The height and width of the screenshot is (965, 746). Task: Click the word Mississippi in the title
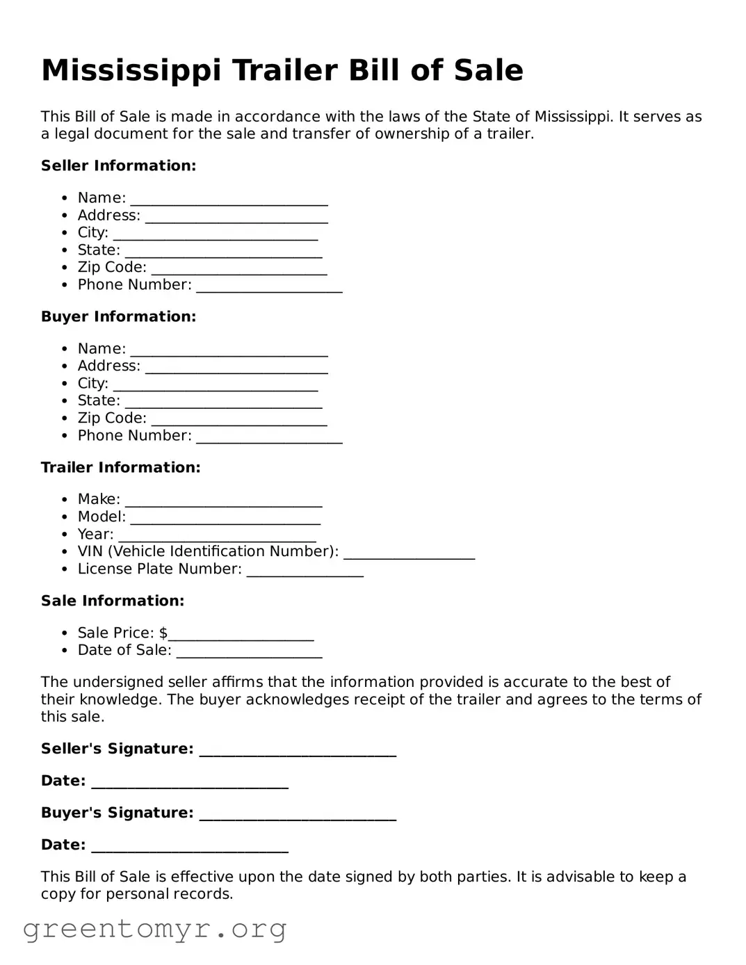[x=131, y=71]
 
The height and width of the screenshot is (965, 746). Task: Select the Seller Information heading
[x=118, y=165]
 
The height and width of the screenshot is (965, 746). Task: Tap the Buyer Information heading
[x=118, y=316]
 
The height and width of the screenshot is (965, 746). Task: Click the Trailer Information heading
[x=120, y=467]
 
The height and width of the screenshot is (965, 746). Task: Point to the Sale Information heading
[x=113, y=601]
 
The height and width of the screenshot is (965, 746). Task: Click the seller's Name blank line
[x=229, y=200]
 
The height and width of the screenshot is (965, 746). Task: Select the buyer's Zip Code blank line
[x=238, y=420]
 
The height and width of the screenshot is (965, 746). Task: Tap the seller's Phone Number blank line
[x=269, y=286]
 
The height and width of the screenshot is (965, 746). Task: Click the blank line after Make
[x=223, y=501]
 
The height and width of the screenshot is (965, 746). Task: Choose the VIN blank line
[x=409, y=553]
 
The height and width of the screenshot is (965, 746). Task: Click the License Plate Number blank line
[x=305, y=571]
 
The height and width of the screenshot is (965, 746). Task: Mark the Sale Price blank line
[x=241, y=635]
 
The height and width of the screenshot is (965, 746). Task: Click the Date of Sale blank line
[x=249, y=652]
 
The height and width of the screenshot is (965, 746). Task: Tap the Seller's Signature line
[x=298, y=751]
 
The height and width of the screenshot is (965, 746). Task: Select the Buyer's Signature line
[x=298, y=815]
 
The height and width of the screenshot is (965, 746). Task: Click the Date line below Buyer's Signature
[x=190, y=847]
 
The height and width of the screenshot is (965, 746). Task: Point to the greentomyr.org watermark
[x=154, y=929]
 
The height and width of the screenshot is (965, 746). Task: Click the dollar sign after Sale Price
[x=163, y=633]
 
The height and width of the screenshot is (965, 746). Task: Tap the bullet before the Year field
[x=64, y=535]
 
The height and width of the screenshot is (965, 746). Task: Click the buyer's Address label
[x=108, y=366]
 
